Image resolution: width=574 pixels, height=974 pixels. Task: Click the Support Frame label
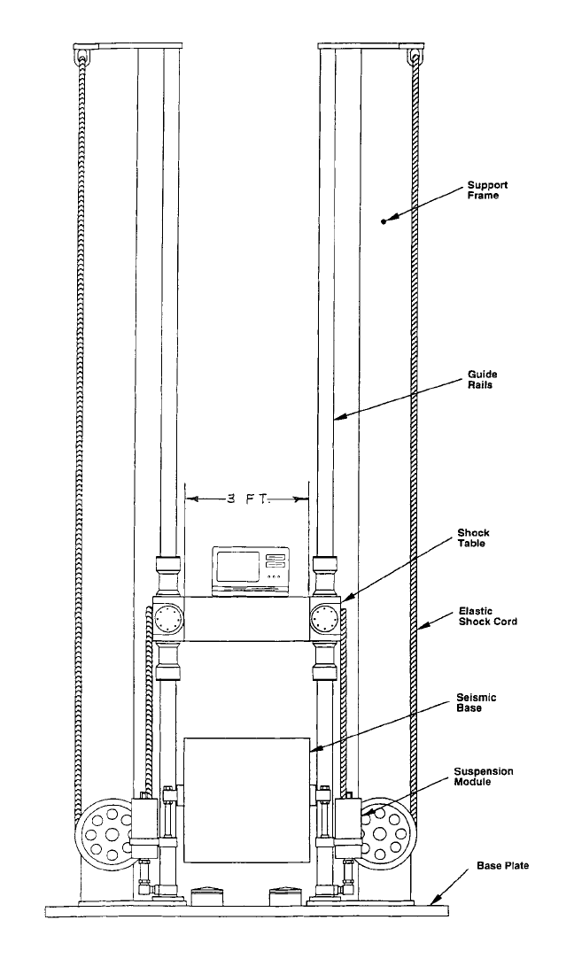[x=487, y=190]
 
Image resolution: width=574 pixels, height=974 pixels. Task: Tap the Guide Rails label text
[x=484, y=379]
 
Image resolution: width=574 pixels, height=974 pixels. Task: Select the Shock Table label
[x=473, y=538]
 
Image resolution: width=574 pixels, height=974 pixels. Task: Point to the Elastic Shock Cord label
[x=488, y=615]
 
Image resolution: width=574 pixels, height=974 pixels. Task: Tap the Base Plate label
[x=503, y=865]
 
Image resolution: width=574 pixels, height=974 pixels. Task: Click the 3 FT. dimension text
[x=246, y=499]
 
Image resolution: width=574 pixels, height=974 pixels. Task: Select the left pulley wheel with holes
[x=103, y=830]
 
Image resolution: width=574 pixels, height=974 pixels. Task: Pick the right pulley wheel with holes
[x=386, y=830]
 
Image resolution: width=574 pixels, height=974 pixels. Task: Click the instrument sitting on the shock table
[x=251, y=571]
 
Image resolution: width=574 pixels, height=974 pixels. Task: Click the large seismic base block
[x=247, y=800]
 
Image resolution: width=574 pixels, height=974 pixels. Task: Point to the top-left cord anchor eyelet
[x=81, y=56]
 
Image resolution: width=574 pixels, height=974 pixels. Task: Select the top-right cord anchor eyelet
[x=415, y=56]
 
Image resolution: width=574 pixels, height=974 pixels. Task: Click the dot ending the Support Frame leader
[x=384, y=220]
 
